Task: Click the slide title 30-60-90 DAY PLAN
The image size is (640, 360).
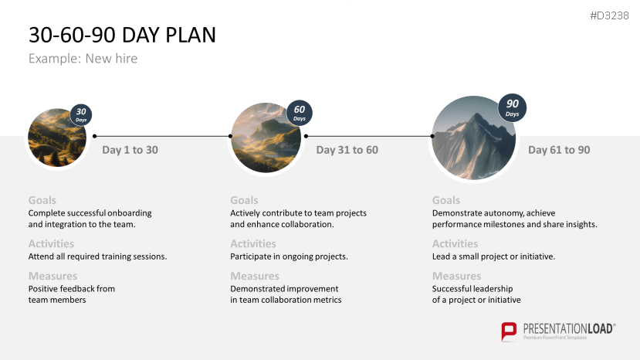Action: [122, 35]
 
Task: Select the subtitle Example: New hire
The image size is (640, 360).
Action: [83, 59]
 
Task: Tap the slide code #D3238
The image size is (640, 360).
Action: [608, 15]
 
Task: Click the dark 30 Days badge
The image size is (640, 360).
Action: [81, 114]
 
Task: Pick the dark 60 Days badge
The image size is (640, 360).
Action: [300, 113]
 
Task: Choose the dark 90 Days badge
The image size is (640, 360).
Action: [513, 107]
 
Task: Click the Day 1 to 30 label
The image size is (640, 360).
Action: [130, 150]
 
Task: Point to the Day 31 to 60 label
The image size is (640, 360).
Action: [347, 150]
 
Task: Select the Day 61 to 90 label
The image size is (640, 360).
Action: [559, 150]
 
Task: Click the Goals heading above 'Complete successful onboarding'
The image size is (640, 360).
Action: [42, 200]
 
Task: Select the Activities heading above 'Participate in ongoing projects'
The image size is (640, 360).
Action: [253, 244]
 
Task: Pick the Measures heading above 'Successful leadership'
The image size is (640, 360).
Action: [456, 276]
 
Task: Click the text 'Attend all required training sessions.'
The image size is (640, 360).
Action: [97, 256]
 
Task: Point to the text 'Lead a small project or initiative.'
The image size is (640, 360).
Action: [493, 256]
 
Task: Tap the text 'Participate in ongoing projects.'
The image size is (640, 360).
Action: [289, 256]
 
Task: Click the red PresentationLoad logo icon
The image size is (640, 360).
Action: [509, 331]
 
